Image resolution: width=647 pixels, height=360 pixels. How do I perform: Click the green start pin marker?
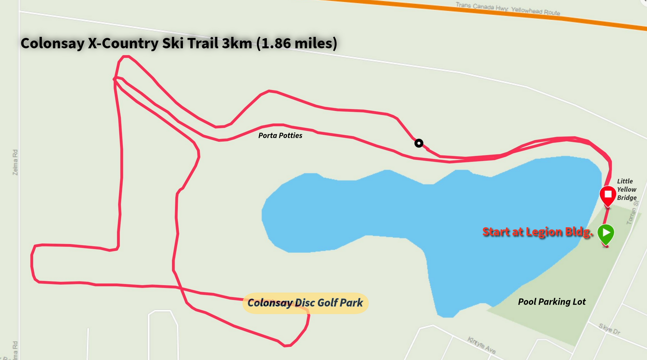tap(606, 233)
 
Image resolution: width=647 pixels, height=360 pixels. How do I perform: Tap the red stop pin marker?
tap(608, 195)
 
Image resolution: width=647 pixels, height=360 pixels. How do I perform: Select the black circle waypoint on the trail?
tap(419, 143)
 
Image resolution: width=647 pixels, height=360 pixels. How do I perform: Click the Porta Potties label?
tap(280, 136)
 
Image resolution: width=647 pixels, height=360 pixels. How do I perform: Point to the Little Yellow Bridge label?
tap(626, 189)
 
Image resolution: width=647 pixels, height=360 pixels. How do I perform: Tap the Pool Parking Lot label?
tap(552, 302)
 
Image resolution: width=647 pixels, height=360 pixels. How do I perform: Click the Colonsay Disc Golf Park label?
tap(305, 303)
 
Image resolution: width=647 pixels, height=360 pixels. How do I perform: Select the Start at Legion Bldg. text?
tap(537, 232)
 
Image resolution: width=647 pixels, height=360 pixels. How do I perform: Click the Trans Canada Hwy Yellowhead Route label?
tap(507, 9)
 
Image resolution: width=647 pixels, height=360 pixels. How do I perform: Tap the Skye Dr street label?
tap(609, 329)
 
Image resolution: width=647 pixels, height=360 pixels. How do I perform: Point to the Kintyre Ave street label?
tap(482, 345)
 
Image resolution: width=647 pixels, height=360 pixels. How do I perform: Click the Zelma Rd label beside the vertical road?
tap(15, 162)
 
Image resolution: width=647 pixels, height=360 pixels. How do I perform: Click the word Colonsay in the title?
tap(52, 43)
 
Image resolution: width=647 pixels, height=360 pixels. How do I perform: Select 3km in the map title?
tap(237, 43)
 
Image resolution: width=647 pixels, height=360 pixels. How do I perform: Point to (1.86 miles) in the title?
tap(297, 43)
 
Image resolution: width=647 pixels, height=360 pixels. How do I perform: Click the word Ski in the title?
tap(173, 43)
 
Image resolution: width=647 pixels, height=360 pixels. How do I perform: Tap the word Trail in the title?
tap(203, 43)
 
